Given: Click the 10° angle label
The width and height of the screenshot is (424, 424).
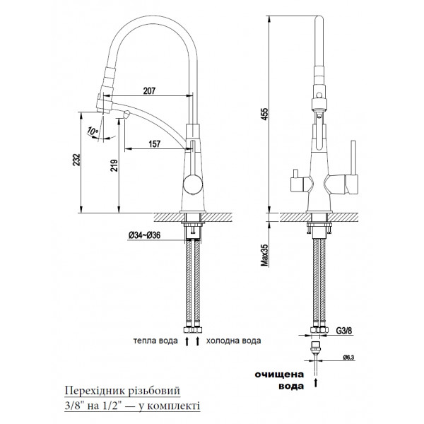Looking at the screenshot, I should (93, 131).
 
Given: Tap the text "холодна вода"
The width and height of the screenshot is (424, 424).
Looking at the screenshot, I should (232, 341).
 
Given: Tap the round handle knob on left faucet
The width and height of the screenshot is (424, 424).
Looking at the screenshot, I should (192, 187).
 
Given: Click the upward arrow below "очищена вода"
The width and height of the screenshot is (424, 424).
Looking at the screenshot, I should (317, 384).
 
